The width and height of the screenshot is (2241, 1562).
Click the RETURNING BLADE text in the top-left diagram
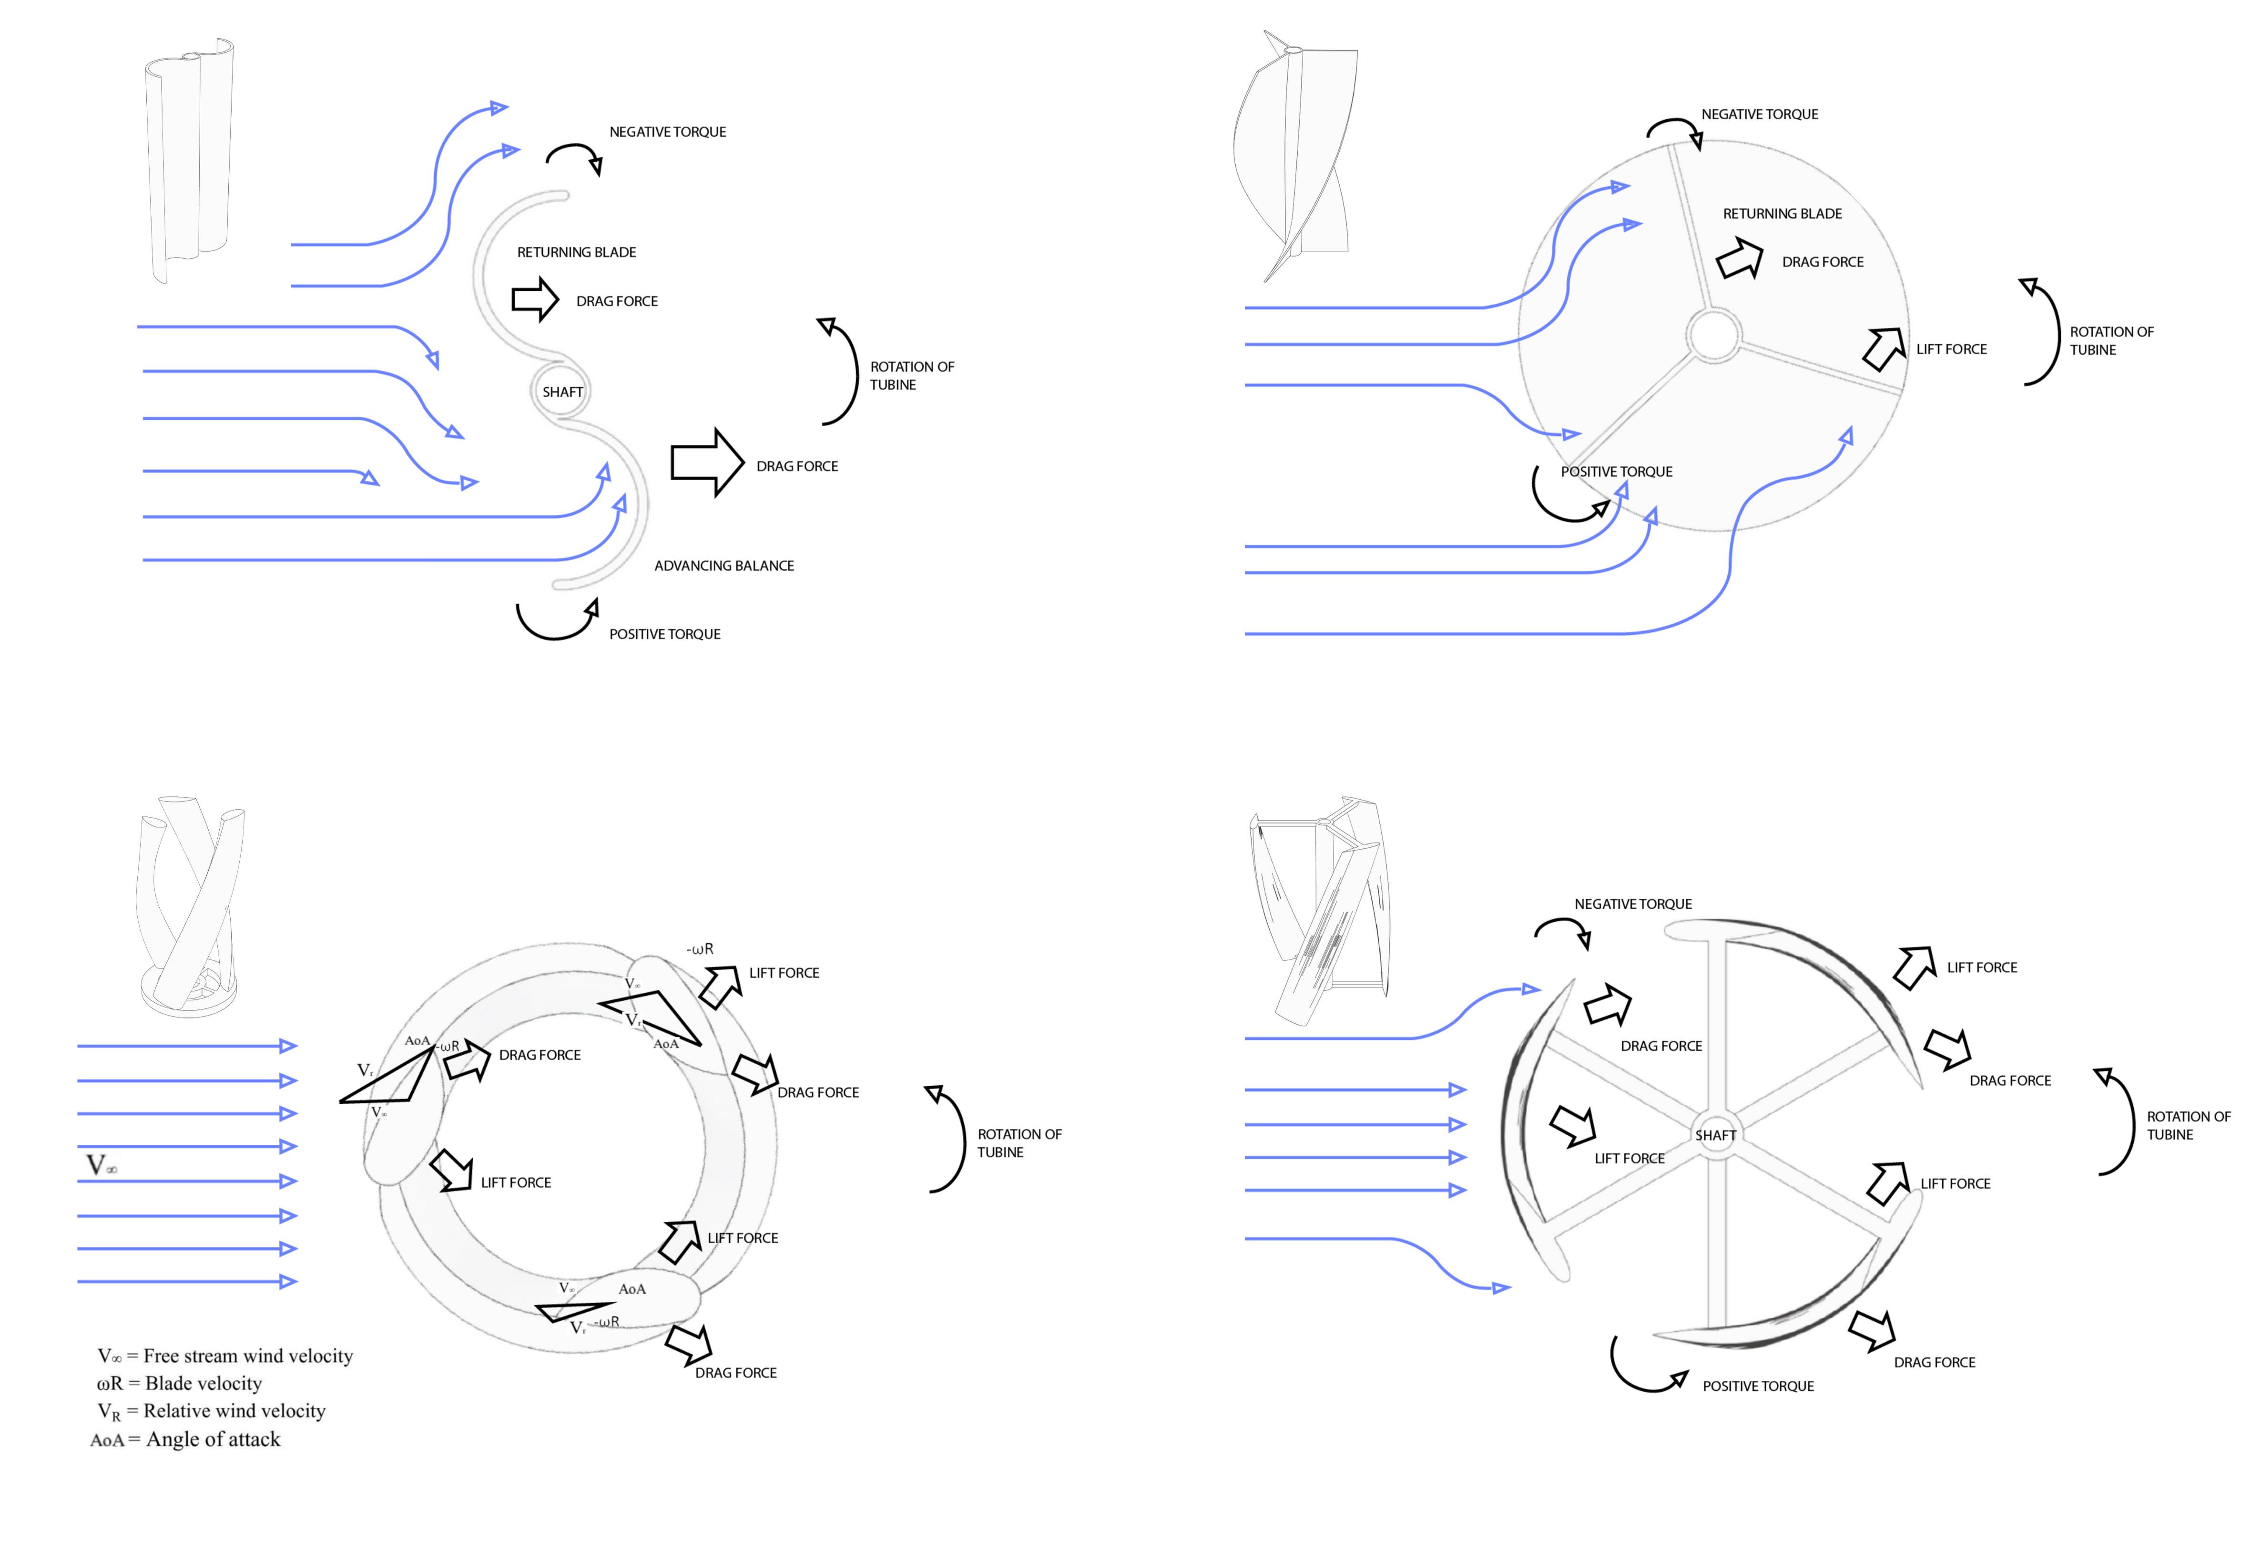(x=576, y=252)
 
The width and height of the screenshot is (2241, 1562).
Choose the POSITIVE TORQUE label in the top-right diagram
(x=1616, y=472)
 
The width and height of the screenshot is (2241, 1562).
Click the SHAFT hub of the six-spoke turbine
(x=1715, y=1134)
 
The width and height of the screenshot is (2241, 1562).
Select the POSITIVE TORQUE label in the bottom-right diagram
(x=1758, y=1385)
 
